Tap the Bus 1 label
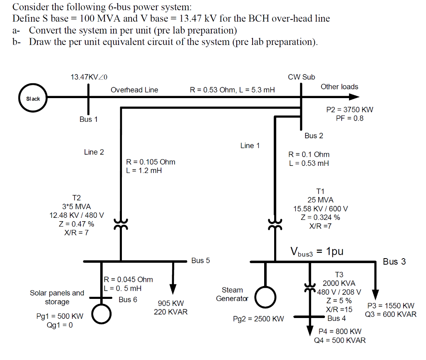tap(89, 119)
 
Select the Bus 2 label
tap(314, 136)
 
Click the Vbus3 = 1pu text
tap(317, 252)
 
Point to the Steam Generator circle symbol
tap(265, 296)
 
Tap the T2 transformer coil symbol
tap(121, 225)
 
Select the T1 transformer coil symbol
tap(275, 225)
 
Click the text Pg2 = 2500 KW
tap(258, 319)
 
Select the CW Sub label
tap(301, 77)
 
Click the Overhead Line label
tap(134, 90)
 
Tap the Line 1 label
tap(250, 145)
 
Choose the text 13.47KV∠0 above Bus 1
tap(89, 77)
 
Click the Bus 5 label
tap(201, 261)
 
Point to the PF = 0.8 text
tap(349, 118)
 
